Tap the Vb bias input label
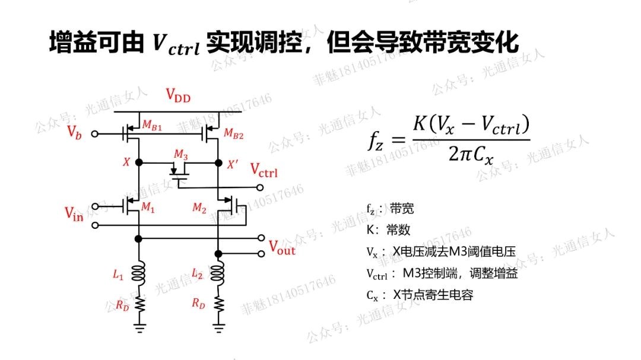click(74, 132)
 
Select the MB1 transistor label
click(152, 125)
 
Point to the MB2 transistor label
click(234, 135)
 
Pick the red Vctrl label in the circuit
click(264, 171)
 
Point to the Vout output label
click(282, 248)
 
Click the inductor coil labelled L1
click(139, 273)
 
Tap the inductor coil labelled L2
click(218, 273)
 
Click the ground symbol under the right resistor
click(218, 327)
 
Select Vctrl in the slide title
click(176, 44)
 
